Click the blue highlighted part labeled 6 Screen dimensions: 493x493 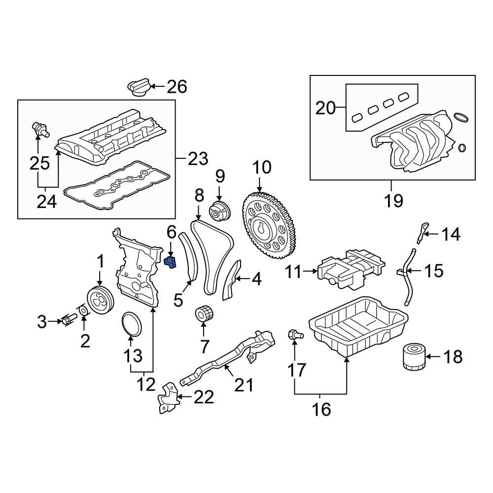170,261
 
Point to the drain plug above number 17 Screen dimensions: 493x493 294,336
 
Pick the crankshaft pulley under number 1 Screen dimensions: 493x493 100,299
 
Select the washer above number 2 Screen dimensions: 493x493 84,311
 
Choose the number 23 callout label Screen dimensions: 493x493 198,159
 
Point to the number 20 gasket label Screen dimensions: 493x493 325,107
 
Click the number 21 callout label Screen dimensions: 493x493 243,385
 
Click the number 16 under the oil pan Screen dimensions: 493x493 321,409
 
